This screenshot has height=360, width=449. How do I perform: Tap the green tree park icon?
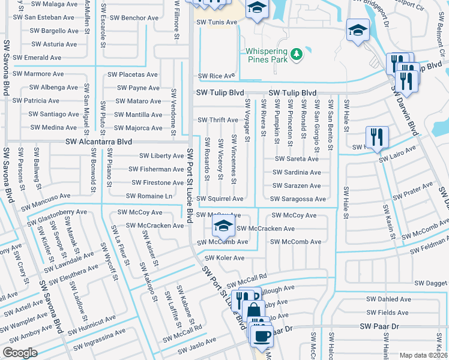pos(295,55)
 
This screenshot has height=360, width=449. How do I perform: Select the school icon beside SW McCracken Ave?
pos(223,227)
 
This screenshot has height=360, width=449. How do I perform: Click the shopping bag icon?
pos(254,311)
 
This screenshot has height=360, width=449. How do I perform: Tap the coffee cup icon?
pos(261,336)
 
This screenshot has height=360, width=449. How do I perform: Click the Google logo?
pos(20,352)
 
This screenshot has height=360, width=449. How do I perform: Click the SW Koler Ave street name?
pos(224,258)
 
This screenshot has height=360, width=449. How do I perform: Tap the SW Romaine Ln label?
pos(149,196)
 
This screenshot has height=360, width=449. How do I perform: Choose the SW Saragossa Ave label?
pos(298,199)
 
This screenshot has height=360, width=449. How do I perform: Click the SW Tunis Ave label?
pos(217,22)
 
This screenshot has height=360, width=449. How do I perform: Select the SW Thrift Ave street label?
pos(218,121)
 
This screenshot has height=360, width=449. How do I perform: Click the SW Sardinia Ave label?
pos(297,172)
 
